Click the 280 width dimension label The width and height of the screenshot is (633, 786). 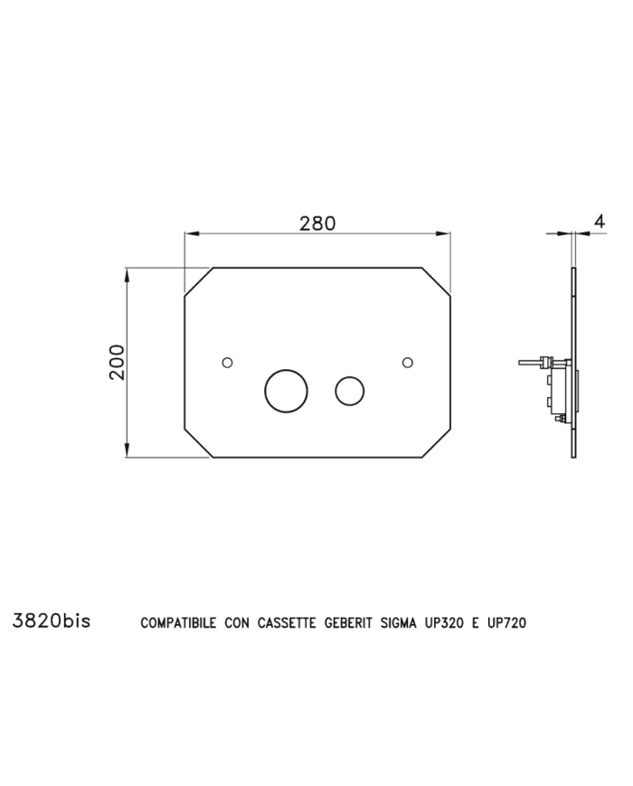click(317, 223)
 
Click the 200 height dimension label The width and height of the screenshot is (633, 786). click(117, 362)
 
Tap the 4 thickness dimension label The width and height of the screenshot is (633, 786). click(600, 221)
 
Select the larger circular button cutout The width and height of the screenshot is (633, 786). click(286, 391)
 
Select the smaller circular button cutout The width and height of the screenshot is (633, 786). click(350, 391)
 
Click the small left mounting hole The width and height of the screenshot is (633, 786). click(227, 362)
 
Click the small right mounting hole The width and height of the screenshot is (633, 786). click(408, 362)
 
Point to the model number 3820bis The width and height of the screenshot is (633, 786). click(52, 620)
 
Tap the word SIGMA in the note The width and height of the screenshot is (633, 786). click(399, 622)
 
